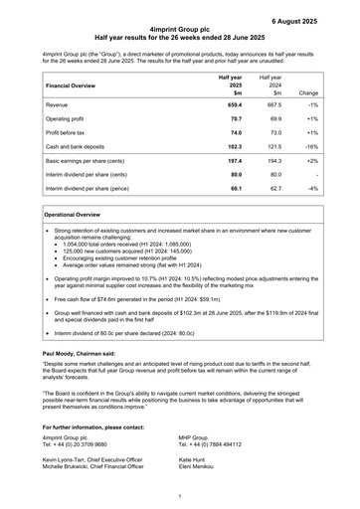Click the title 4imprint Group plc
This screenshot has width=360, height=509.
(179, 32)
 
